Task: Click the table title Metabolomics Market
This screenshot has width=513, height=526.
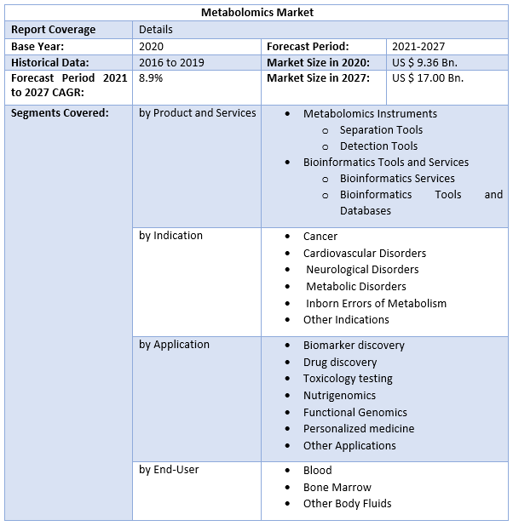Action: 256,12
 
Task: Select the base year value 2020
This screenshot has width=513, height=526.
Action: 151,46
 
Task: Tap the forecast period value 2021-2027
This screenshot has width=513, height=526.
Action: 418,46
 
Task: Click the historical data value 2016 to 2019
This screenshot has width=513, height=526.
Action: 170,62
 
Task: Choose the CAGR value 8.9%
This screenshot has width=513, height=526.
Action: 151,78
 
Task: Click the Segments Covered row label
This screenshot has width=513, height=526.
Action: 60,112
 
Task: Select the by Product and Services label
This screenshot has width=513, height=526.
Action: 198,112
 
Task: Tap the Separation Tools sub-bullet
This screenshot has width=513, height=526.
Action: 381,129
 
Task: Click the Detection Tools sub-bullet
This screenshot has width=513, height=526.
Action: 378,146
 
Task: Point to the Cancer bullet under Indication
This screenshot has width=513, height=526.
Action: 320,236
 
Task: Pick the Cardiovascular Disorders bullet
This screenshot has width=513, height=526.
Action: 365,253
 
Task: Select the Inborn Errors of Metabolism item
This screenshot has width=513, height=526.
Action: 376,303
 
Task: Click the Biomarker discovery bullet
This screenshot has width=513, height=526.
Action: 354,345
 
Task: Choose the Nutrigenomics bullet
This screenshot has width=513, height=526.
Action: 339,395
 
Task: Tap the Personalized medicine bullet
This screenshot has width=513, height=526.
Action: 359,428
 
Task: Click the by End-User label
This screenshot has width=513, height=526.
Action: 169,470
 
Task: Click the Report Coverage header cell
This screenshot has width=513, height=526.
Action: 54,29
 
